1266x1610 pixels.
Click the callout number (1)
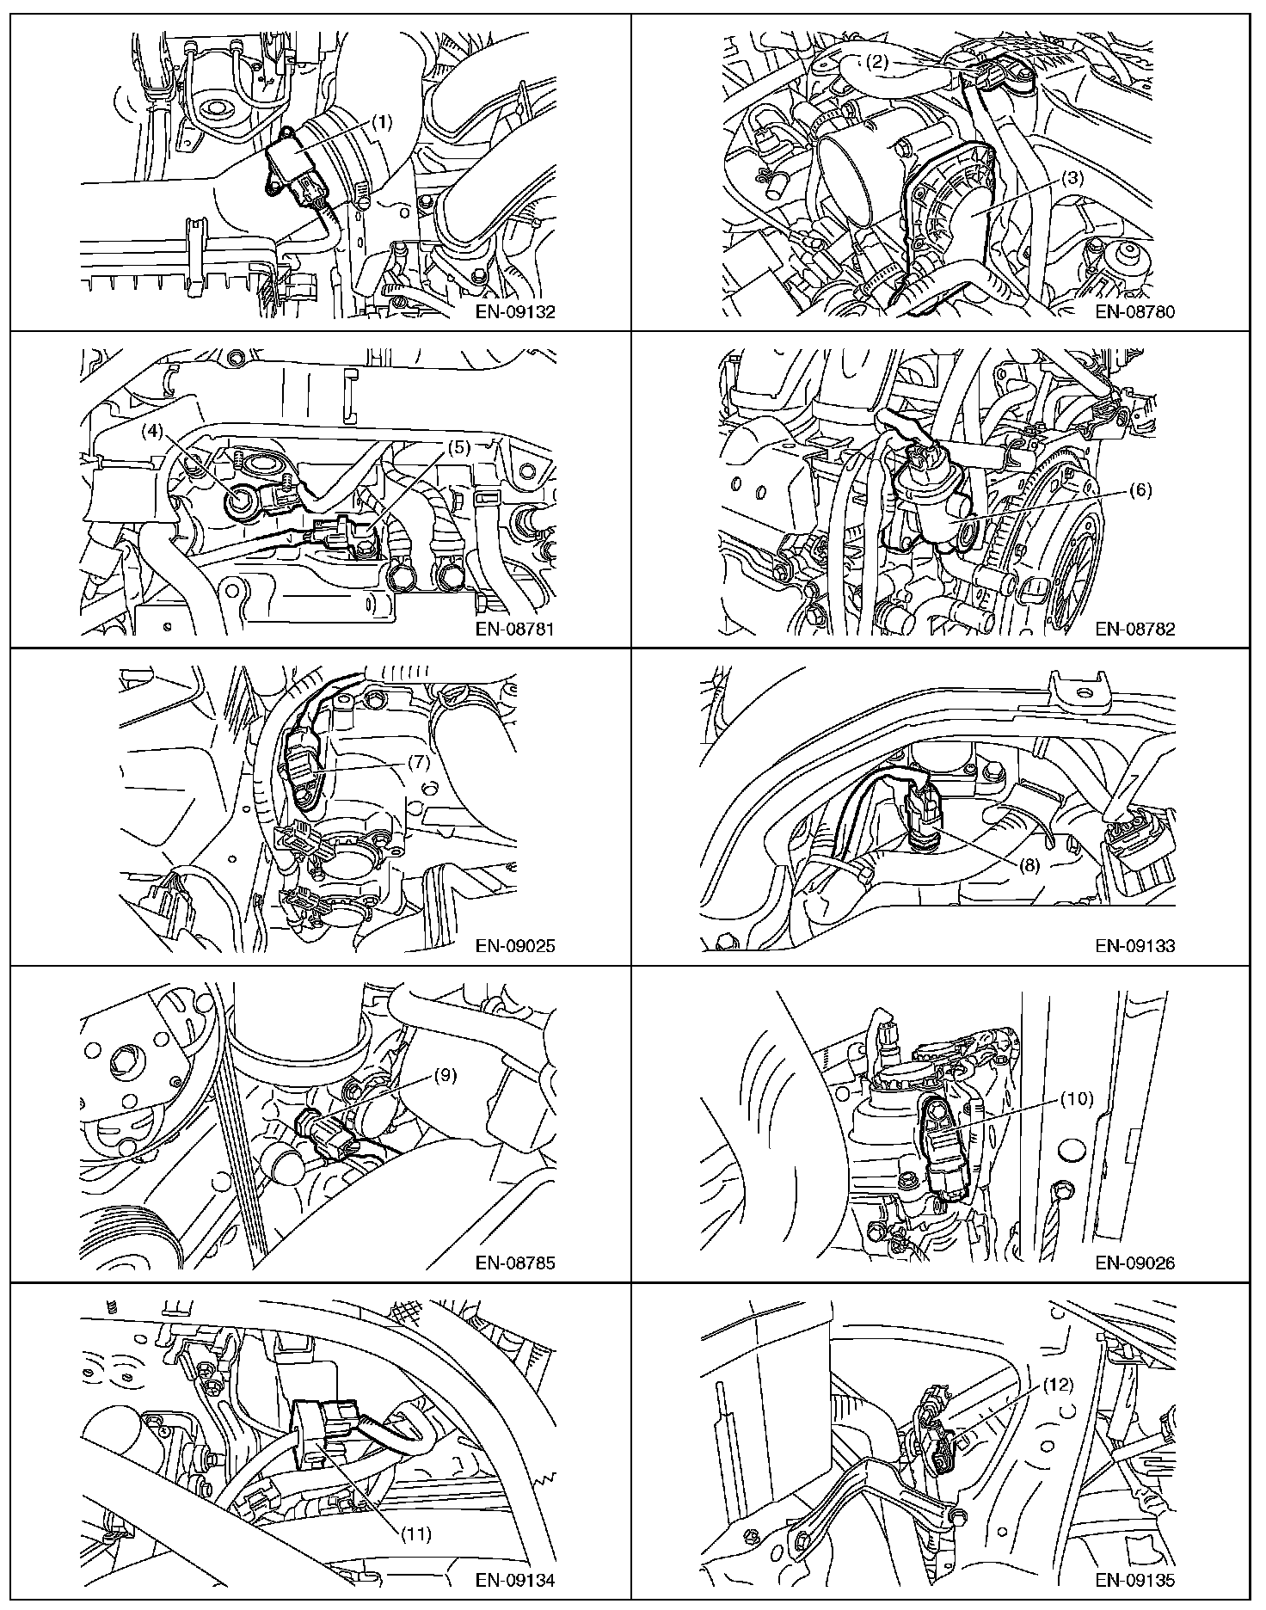click(x=382, y=122)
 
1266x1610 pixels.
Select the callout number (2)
click(x=876, y=61)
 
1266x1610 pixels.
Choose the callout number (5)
click(x=458, y=447)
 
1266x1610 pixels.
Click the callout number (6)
click(x=1140, y=491)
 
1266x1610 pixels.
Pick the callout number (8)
click(x=1029, y=866)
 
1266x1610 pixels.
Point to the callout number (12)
click(x=1060, y=1385)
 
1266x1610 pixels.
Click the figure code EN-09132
click(x=516, y=311)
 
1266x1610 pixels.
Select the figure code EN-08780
click(x=1135, y=311)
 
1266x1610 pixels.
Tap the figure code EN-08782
click(x=1135, y=629)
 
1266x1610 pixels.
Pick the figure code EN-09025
click(x=516, y=946)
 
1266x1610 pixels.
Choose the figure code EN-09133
click(x=1135, y=946)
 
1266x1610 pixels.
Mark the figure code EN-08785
click(x=516, y=1263)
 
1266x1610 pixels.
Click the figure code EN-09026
click(x=1135, y=1263)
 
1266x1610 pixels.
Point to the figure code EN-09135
click(x=1135, y=1580)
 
